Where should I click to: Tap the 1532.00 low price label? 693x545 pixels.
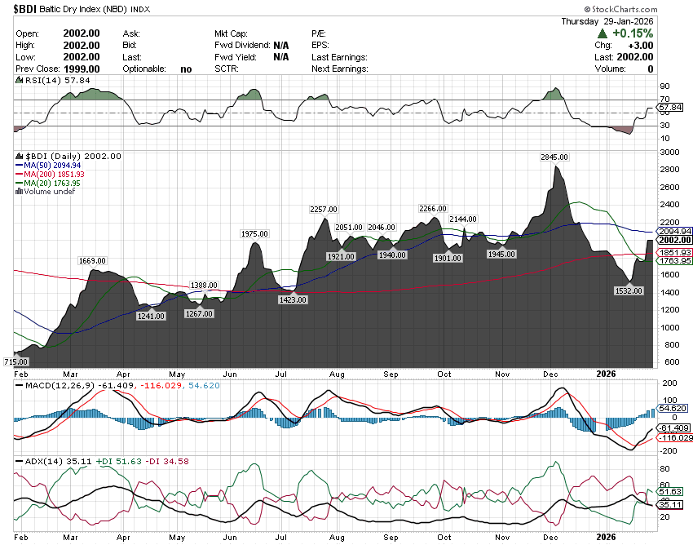point(629,290)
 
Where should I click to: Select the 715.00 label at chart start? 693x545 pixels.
point(15,361)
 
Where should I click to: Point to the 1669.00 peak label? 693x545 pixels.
point(92,260)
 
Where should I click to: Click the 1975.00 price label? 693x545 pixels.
point(254,234)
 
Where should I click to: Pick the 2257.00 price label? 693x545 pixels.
point(324,210)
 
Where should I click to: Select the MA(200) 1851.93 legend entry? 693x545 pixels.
point(53,174)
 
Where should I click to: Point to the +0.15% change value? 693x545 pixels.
point(633,33)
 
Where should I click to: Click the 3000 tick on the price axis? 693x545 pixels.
point(669,153)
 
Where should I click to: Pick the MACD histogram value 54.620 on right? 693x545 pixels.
point(674,407)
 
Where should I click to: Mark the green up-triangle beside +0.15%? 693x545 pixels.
point(602,33)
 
